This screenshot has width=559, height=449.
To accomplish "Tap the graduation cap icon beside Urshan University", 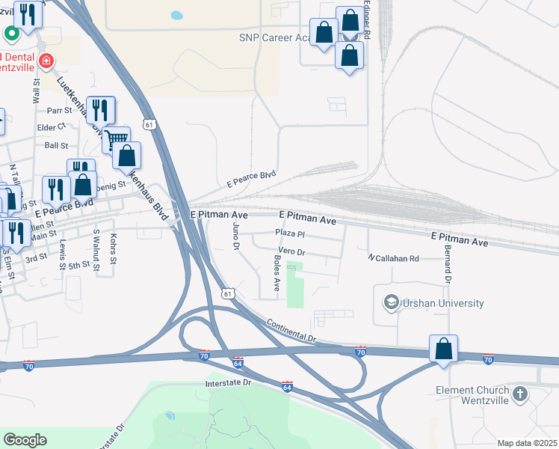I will point(391,302).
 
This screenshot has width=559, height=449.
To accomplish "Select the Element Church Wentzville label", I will point(472,394).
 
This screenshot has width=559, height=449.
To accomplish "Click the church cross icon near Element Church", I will point(521,391).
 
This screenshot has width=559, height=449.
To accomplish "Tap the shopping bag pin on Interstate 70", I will point(443,349).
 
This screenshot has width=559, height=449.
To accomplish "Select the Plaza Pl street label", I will point(291,233).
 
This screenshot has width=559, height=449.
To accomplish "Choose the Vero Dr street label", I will point(291,250).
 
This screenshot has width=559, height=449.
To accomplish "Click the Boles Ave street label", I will point(277,274).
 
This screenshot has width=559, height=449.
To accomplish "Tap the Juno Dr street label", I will point(235,235).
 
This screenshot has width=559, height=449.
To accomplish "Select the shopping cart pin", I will point(116,139).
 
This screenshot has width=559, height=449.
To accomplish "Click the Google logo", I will point(25,439).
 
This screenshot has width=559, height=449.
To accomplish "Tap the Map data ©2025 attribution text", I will point(528,443).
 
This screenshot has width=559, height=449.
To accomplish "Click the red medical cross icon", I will point(46,60).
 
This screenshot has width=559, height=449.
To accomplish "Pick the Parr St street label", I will point(58,111).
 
